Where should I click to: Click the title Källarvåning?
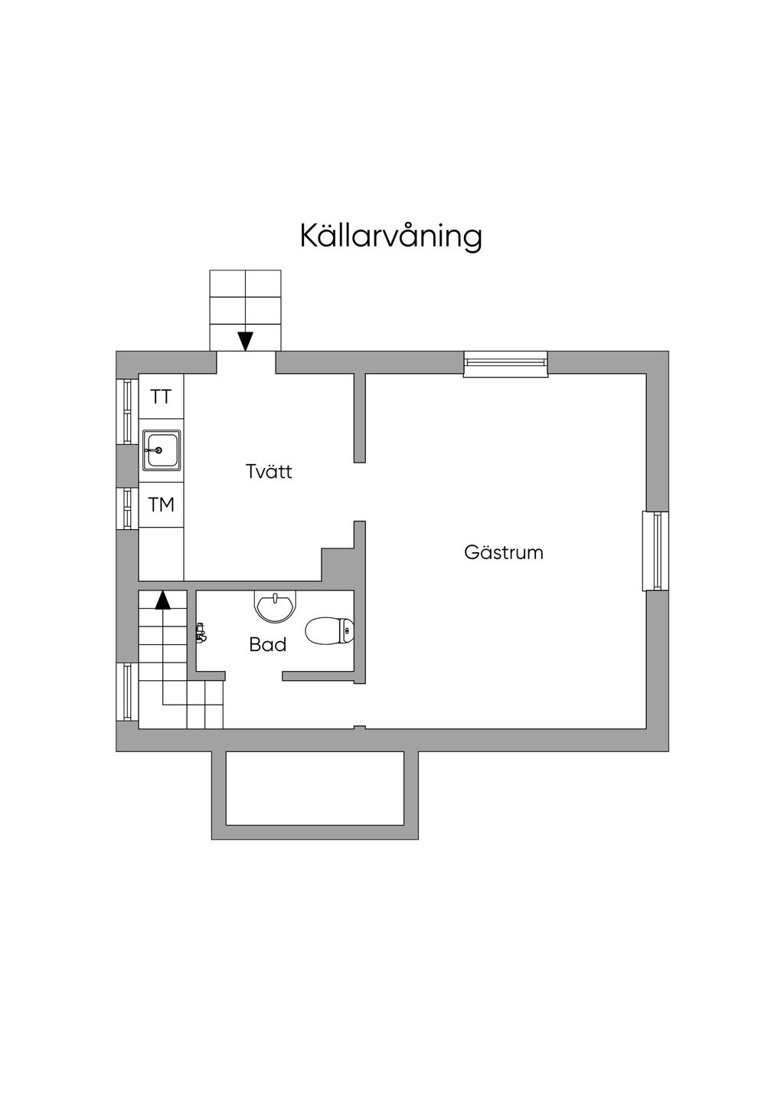[390, 236]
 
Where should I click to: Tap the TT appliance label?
[162, 397]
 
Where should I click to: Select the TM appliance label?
[162, 505]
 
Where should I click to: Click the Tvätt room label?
[269, 471]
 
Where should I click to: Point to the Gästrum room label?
[504, 552]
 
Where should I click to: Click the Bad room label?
[268, 645]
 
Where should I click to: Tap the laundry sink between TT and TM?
[162, 450]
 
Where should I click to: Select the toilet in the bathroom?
[329, 631]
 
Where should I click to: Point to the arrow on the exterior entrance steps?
[245, 340]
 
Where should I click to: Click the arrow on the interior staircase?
[162, 600]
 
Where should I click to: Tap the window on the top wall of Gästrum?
[506, 363]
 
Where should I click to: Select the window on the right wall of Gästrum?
[655, 551]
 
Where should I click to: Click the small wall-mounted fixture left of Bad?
[201, 632]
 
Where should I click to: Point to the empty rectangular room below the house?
[315, 788]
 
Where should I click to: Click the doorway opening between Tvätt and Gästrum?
[359, 492]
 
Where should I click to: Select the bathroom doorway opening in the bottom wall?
[253, 676]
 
